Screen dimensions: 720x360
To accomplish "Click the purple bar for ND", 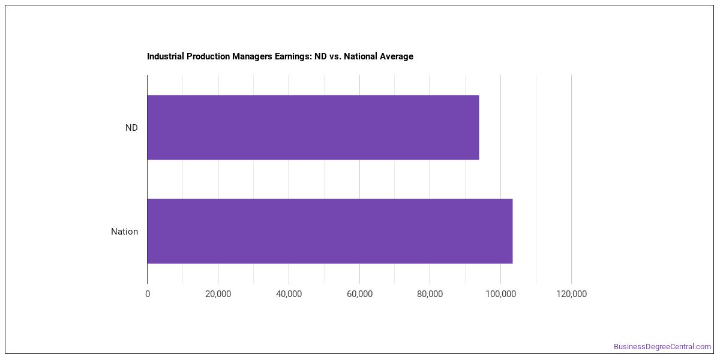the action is click(x=313, y=127).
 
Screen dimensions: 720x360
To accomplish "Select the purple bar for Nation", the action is click(x=330, y=231).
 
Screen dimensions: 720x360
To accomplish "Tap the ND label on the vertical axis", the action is click(x=131, y=128).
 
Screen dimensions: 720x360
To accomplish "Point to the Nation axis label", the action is click(x=124, y=232).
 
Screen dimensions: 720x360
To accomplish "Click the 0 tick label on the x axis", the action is click(x=148, y=294).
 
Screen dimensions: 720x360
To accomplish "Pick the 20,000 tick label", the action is click(x=218, y=294).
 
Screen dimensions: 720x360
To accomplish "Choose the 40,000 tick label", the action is click(x=289, y=294).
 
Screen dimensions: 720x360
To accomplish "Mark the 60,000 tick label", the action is click(x=359, y=294).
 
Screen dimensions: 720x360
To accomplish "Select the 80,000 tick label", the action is click(x=430, y=294).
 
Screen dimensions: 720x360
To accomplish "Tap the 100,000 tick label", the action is click(x=501, y=294).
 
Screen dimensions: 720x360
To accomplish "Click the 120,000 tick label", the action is click(x=571, y=294).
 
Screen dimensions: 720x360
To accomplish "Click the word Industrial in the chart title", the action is click(x=165, y=56).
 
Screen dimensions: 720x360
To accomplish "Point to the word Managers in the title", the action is click(x=252, y=56).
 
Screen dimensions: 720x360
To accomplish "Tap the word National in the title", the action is click(x=361, y=56).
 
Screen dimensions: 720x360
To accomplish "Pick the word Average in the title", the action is click(x=397, y=56).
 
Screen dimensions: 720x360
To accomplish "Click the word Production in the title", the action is click(x=208, y=56).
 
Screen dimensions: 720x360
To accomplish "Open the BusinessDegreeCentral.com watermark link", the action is click(x=662, y=347).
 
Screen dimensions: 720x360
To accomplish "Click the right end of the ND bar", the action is click(x=479, y=127).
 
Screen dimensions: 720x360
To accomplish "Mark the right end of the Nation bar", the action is click(x=512, y=231).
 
